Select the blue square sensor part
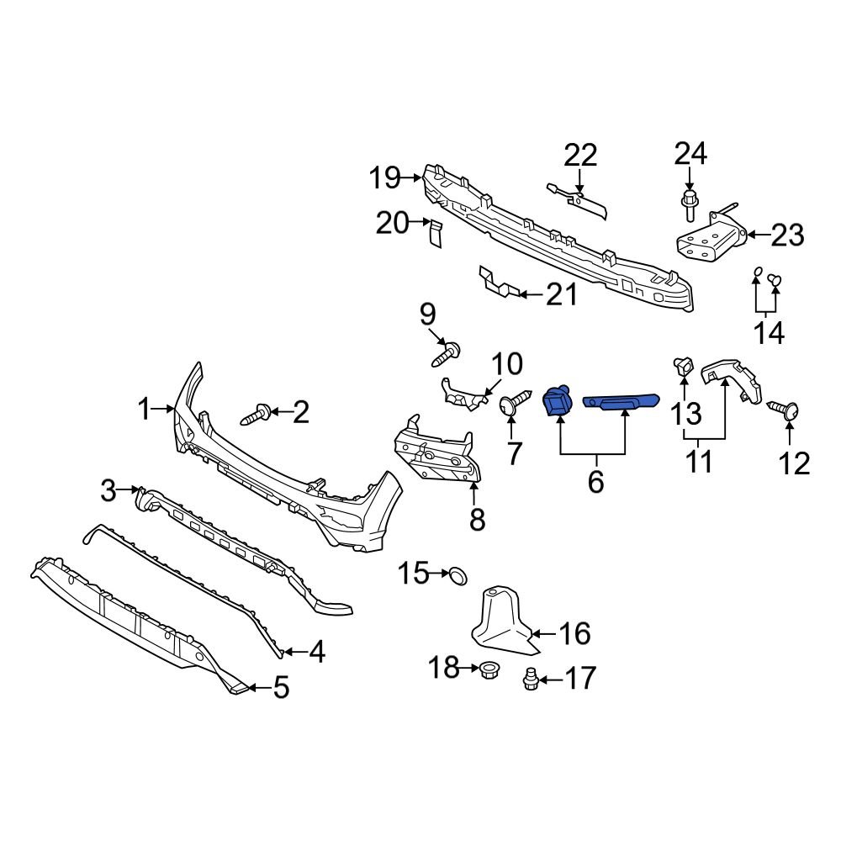pos(556,402)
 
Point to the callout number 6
pos(595,482)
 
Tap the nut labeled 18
pos(488,670)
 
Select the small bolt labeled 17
pos(528,678)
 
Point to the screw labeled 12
pos(789,410)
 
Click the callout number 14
pos(769,332)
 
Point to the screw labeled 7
pos(513,406)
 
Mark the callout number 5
pos(280,689)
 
